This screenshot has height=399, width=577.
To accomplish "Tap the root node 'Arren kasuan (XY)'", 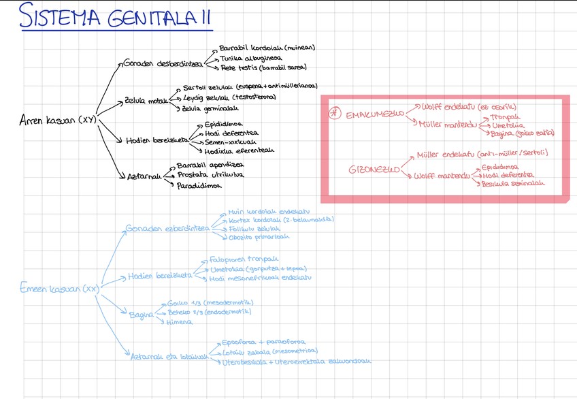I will tap(58, 121).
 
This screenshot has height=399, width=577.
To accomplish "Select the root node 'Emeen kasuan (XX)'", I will tap(61, 288).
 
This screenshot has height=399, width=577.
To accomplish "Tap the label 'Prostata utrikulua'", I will tap(210, 175).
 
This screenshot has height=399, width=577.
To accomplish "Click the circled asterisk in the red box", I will tap(334, 114).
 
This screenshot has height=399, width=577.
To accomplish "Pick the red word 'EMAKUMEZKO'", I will tap(374, 114).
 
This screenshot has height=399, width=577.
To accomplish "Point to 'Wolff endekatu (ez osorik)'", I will tap(469, 107).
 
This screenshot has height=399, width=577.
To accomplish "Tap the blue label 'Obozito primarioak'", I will tap(259, 237).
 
